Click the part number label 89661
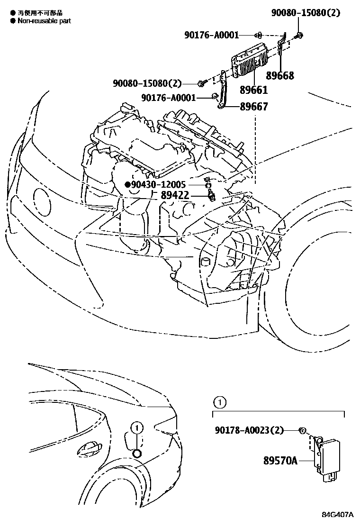tap(253, 90)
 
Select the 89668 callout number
tap(280, 75)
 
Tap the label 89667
tap(254, 107)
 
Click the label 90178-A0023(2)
tap(249, 430)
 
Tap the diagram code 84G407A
tap(338, 515)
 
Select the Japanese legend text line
tap(40, 13)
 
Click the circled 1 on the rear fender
tap(136, 427)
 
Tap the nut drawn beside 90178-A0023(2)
tap(302, 430)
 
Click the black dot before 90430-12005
tap(127, 184)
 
